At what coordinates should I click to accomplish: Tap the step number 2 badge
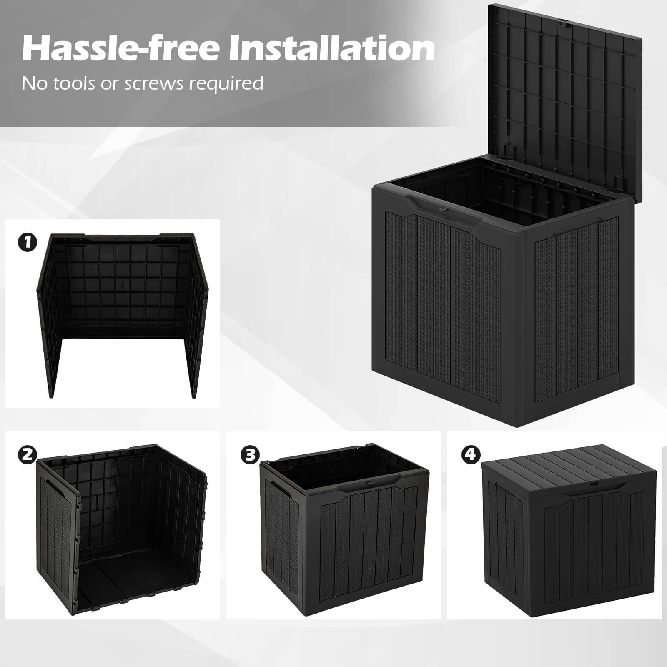pos(28,454)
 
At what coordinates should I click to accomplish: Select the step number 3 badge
pos(250,454)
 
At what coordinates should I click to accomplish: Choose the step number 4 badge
pos(470,454)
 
